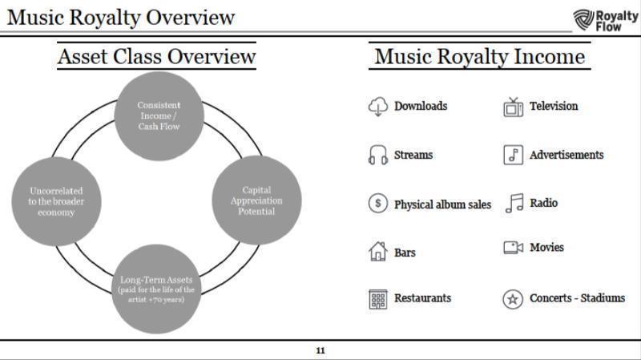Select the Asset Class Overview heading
click(x=156, y=57)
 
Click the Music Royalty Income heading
click(x=479, y=57)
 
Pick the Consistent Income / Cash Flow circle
click(x=159, y=115)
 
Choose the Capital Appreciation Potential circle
click(x=257, y=200)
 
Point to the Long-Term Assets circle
click(x=156, y=289)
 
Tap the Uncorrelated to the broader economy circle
click(x=56, y=201)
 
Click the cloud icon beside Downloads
click(x=377, y=107)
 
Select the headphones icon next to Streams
click(x=377, y=156)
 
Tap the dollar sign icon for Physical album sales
click(x=377, y=204)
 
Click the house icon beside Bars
click(x=377, y=252)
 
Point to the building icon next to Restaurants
click(x=377, y=299)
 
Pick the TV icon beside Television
click(x=513, y=107)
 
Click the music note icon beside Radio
click(x=513, y=204)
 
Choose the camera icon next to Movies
click(x=513, y=248)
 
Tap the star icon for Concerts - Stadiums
click(x=513, y=299)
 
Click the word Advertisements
click(x=566, y=155)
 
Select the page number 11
click(x=320, y=350)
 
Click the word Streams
click(x=413, y=155)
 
